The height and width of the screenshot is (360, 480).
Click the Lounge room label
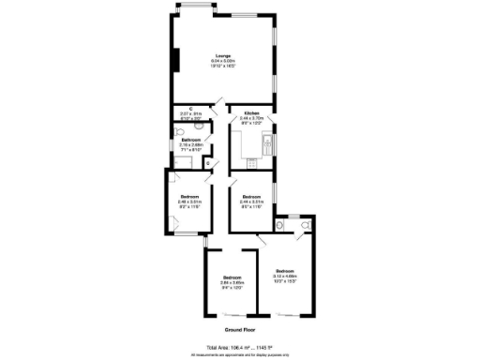[223, 55]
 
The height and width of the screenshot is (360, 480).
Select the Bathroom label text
[191, 140]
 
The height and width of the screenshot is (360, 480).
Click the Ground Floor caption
[240, 331]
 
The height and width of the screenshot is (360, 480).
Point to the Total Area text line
[240, 346]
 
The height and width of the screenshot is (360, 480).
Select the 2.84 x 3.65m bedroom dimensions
[232, 282]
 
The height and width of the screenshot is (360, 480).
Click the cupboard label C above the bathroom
[191, 110]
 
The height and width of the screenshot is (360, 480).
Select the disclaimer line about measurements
[240, 354]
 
